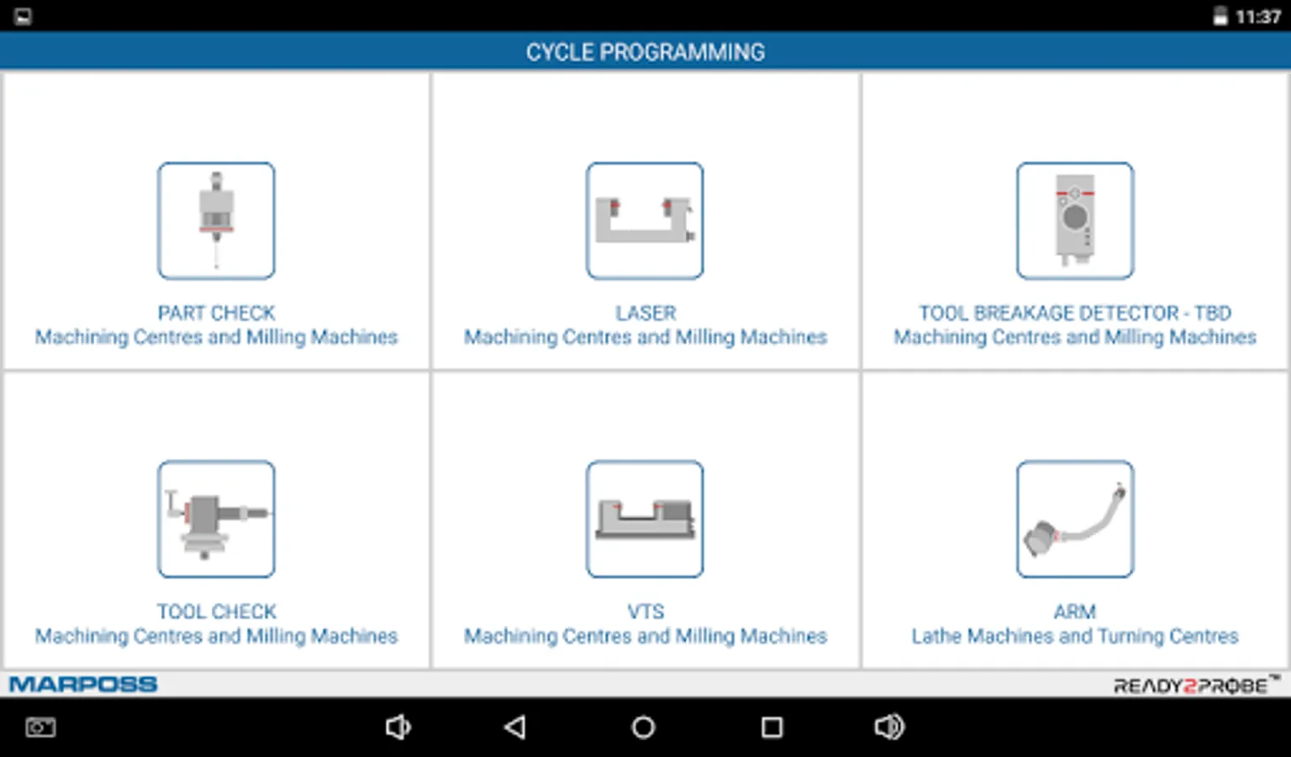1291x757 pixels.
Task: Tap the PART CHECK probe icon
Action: coord(216,220)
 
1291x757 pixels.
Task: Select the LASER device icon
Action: coord(645,220)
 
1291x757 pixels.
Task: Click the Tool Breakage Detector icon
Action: coord(1075,220)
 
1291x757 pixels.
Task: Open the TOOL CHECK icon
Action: coord(216,519)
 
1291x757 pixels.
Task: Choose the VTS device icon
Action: coord(645,519)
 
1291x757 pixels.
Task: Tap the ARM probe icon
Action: coord(1075,519)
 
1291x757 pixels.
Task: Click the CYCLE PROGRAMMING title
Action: coord(645,52)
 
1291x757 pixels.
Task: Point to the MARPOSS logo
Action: coord(83,685)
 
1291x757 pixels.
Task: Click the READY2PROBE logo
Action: coord(1196,685)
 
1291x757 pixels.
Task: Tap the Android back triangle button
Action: coord(514,727)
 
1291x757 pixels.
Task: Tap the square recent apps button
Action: coord(772,727)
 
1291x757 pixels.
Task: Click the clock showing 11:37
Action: coord(1258,17)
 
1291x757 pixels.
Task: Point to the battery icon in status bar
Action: coord(1220,16)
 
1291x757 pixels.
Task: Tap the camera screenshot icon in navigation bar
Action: coord(40,727)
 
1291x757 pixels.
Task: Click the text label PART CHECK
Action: coord(216,313)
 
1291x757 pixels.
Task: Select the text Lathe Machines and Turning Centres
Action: coord(1075,636)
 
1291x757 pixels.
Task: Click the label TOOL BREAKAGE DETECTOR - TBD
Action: coord(1075,313)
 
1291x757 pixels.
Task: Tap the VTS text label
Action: coord(645,611)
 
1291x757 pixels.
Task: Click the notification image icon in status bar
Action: coord(23,17)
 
